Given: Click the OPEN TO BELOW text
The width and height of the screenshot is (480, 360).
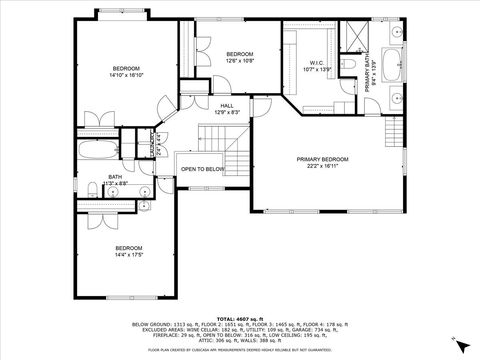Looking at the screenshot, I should (x=202, y=169).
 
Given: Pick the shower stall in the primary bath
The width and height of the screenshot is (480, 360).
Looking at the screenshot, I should (x=352, y=38).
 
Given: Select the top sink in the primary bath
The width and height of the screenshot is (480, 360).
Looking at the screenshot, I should (x=395, y=32).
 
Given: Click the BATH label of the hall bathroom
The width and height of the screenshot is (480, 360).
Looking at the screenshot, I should (x=115, y=177).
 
